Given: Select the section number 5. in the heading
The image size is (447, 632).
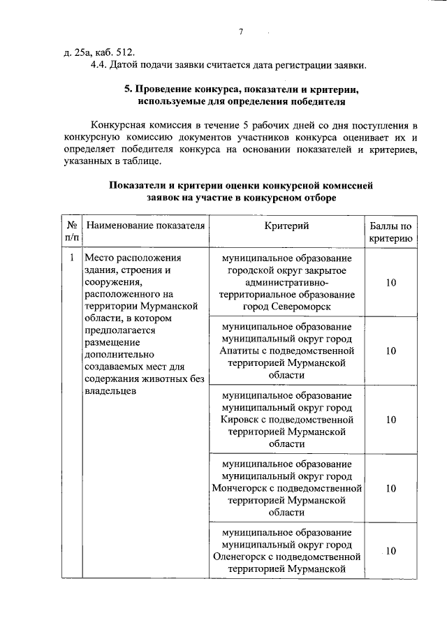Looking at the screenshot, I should coord(128,91).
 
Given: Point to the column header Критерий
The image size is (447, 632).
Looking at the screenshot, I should coord(286,226).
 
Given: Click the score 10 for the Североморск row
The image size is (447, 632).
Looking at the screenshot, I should coord(390,282).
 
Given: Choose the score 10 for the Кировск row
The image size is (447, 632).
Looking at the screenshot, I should coord(390,419).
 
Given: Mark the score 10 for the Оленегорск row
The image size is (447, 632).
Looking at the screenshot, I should coord(390,551).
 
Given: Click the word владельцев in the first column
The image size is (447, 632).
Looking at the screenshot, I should coord(109,392).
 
